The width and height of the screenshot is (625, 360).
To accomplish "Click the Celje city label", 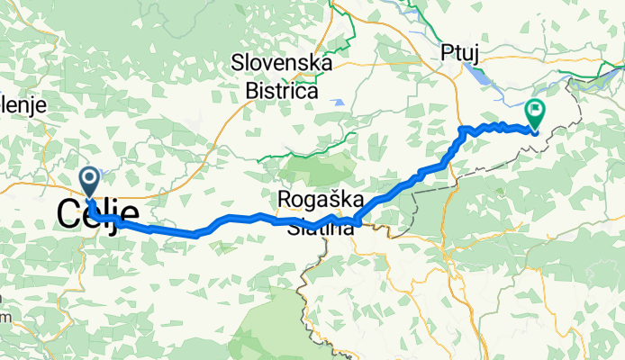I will click(98, 214).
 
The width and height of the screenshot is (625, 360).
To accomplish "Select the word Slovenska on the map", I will click(282, 64).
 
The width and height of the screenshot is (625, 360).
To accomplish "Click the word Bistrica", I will click(282, 91).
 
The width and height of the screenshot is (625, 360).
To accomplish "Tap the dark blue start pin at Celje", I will click(90, 181).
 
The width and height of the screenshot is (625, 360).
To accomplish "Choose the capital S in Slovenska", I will click(238, 64).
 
